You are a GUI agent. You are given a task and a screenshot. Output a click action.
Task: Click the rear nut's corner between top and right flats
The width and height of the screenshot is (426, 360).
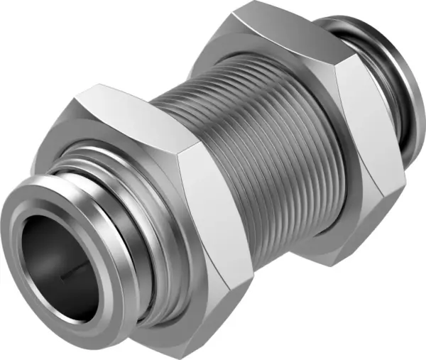coord(339,64)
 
